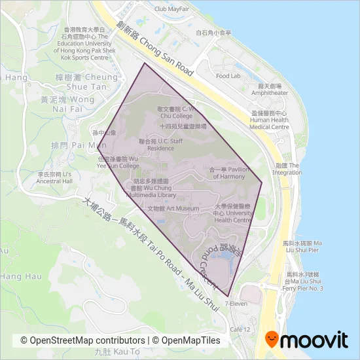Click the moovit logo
point(306,340)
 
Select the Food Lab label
point(228,76)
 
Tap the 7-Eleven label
point(235,304)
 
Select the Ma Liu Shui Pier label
point(300,246)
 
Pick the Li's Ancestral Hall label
point(57,179)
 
